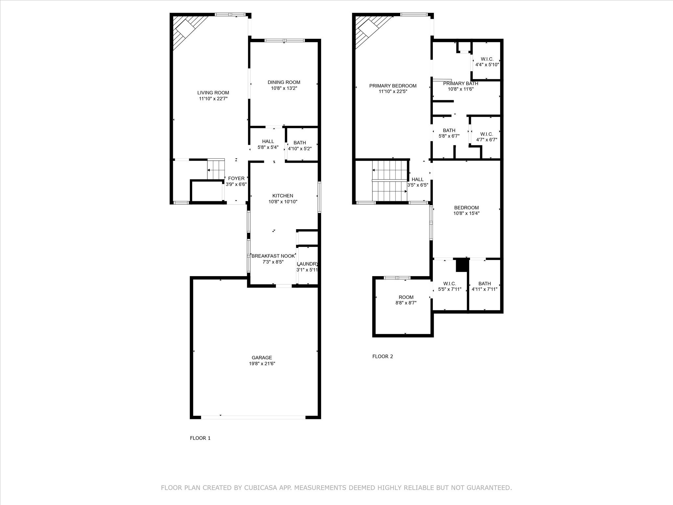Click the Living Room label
(213, 93)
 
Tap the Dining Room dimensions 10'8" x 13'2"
(284, 88)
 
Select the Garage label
(262, 358)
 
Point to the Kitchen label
(283, 196)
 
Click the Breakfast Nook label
(273, 256)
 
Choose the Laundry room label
(307, 264)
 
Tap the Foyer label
(236, 179)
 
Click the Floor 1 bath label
(299, 143)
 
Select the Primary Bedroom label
(393, 86)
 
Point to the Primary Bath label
(460, 84)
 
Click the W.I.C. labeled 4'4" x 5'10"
(487, 62)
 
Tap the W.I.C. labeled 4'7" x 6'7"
(486, 137)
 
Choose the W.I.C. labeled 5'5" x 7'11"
(450, 286)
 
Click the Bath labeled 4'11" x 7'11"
(484, 286)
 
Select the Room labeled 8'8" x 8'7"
(406, 300)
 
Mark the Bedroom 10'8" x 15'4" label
(466, 210)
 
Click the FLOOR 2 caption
(383, 356)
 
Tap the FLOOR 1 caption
(200, 438)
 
